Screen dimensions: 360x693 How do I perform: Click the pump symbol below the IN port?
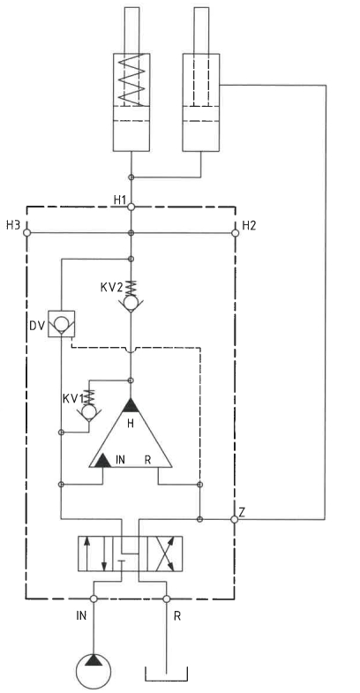(94, 671)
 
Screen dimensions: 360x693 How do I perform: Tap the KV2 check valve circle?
(131, 303)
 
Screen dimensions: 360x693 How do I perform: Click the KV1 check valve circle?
(89, 412)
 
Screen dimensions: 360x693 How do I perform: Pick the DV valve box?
(62, 324)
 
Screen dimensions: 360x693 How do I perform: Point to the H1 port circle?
(131, 207)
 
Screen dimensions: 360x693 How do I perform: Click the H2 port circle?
(236, 233)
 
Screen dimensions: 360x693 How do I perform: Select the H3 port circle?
(26, 233)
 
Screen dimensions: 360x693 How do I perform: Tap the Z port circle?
(235, 519)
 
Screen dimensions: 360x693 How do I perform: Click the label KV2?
(111, 287)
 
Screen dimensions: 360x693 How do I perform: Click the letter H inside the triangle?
(131, 424)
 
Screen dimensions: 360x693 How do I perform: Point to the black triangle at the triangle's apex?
(131, 405)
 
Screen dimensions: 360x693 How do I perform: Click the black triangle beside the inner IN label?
(103, 460)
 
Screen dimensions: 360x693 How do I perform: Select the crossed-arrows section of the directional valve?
(165, 554)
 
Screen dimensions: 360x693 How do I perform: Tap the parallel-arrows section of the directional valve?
(95, 554)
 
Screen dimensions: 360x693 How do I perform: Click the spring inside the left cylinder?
(131, 79)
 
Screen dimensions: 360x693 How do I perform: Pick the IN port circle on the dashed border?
(94, 599)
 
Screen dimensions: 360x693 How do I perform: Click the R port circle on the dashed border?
(167, 599)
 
